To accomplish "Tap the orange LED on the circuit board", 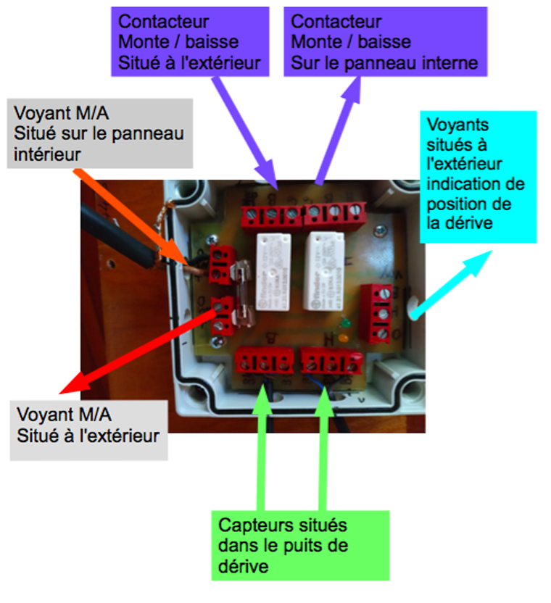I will point(344,338).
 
